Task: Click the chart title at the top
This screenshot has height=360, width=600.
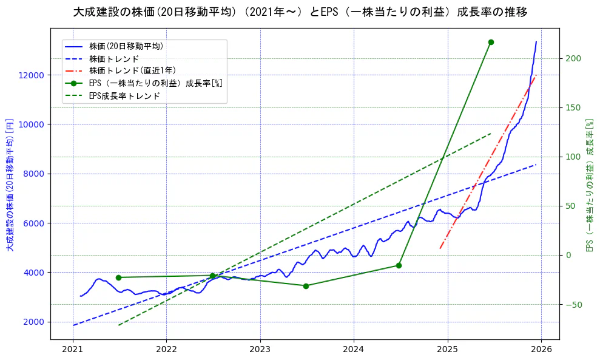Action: pyautogui.click(x=300, y=12)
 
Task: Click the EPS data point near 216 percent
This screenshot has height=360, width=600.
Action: pyautogui.click(x=491, y=42)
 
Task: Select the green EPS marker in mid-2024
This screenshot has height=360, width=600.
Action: pyautogui.click(x=399, y=265)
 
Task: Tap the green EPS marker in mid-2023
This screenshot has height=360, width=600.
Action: pyautogui.click(x=306, y=286)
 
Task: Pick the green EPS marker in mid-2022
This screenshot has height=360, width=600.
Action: pyautogui.click(x=212, y=276)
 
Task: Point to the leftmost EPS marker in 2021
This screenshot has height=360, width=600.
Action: pyautogui.click(x=118, y=277)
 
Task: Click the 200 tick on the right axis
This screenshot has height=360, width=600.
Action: pyautogui.click(x=574, y=58)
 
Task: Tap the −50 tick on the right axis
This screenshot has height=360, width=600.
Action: pyautogui.click(x=574, y=304)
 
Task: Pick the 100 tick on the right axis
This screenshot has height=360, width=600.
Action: pyautogui.click(x=574, y=157)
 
